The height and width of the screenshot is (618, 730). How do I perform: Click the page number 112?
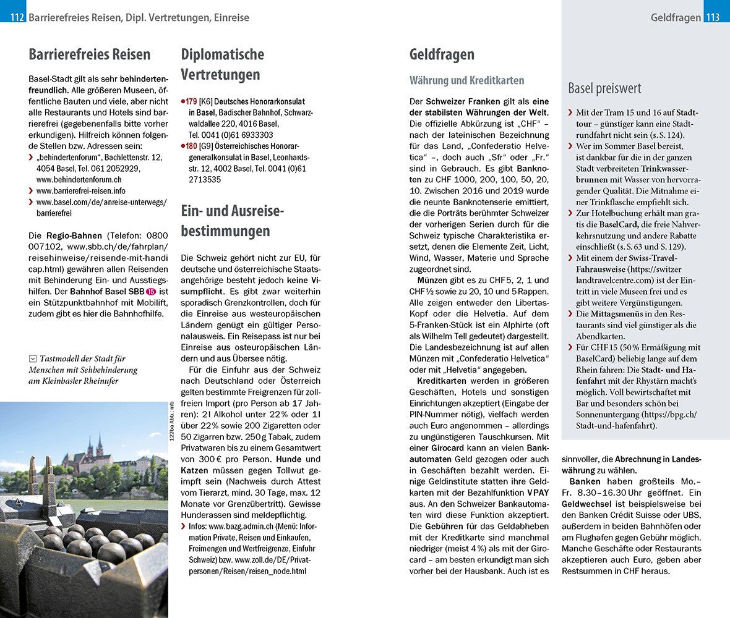[17, 17]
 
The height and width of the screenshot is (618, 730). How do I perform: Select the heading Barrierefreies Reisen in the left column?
[90, 54]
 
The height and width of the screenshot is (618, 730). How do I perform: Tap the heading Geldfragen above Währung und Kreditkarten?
[442, 54]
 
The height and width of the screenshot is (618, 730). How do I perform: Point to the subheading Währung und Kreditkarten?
[466, 80]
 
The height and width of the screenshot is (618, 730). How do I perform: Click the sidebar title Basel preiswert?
[604, 88]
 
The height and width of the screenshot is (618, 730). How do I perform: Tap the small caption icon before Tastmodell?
[32, 358]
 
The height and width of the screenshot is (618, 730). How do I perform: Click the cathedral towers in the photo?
[95, 446]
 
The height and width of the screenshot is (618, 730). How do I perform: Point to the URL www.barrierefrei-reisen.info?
[81, 191]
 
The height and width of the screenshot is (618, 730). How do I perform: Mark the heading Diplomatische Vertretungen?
[222, 65]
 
